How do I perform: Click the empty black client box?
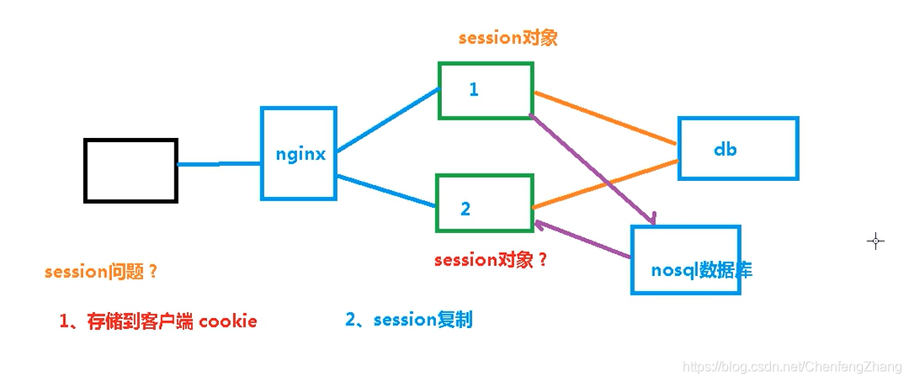coord(130,171)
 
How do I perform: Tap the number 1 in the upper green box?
coord(474,89)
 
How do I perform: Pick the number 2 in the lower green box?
coord(465,209)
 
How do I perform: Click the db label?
coord(726,150)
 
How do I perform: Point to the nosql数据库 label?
coord(701,270)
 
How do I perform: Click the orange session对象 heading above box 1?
coord(508,38)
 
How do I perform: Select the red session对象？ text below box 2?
coord(491,260)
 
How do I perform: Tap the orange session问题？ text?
coord(101,272)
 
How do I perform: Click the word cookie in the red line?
coord(228,321)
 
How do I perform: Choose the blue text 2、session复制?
coord(408,320)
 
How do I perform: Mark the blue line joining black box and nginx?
coord(219,164)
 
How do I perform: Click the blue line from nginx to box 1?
coord(387,120)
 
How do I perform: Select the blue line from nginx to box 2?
coord(385,190)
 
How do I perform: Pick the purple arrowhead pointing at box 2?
coord(540,225)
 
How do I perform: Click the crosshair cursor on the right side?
coord(875,241)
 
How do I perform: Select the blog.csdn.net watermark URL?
coord(790,367)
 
